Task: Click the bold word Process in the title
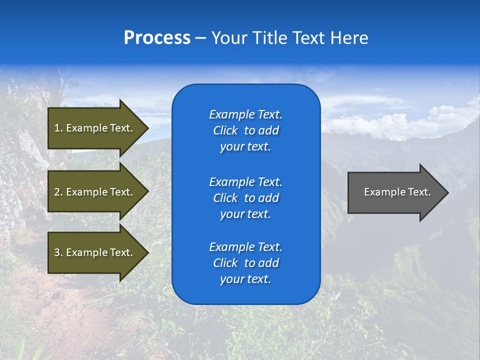(157, 38)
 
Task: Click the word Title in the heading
(270, 38)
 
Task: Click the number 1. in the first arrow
(58, 128)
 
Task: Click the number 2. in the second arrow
(58, 192)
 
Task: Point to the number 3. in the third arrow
(58, 252)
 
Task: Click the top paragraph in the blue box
(245, 130)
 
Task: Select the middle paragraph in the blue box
(245, 198)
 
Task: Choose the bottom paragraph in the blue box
(245, 263)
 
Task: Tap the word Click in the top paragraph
(225, 130)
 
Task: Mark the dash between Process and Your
(200, 38)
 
